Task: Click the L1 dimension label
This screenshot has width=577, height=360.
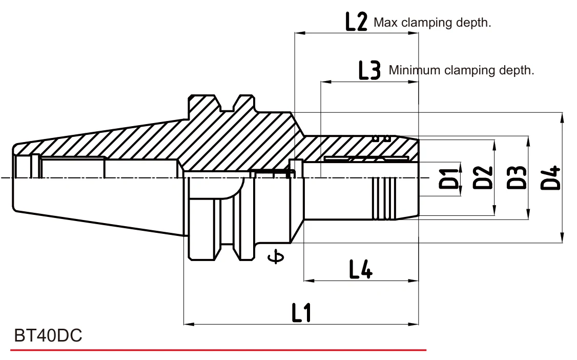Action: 301,312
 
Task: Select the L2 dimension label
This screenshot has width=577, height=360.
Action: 356,22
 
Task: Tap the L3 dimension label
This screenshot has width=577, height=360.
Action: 369,70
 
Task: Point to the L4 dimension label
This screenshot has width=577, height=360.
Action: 361,269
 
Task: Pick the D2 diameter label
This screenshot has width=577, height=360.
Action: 482,178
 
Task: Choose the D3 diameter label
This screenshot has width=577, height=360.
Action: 517,178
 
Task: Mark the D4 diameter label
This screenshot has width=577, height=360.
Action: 550,178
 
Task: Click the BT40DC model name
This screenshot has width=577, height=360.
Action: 48,335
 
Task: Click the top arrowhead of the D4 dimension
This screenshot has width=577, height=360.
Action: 562,117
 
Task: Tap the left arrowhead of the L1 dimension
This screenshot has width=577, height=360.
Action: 189,324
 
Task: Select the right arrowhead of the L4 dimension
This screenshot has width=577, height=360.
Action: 414,281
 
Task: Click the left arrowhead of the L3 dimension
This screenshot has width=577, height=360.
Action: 326,82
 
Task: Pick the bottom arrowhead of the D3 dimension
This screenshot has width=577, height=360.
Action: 528,214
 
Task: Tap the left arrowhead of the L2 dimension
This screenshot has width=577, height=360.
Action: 300,33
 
